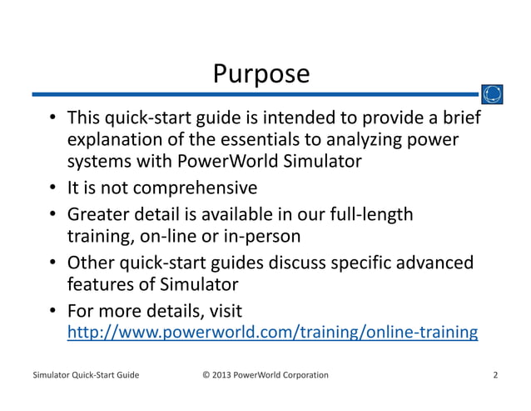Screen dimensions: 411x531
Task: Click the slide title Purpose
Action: [261, 74]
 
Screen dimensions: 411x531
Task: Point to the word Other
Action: [91, 263]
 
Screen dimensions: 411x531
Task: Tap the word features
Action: [99, 285]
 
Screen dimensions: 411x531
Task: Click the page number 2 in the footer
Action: [495, 375]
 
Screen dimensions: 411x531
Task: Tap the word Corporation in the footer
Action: [300, 375]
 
